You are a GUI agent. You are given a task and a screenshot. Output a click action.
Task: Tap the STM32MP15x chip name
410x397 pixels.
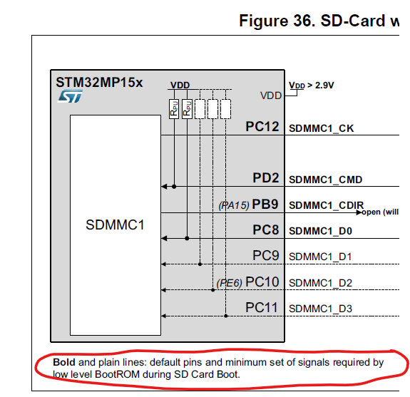coord(99,82)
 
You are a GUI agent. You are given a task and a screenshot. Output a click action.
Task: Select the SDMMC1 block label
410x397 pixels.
coord(115,225)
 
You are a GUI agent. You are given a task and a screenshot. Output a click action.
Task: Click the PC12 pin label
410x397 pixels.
coord(262,128)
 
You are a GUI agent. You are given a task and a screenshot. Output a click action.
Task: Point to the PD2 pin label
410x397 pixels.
coord(265,179)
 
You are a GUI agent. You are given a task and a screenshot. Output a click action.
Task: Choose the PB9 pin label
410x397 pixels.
coord(265,205)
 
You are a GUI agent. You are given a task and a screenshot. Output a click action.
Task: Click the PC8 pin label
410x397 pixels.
coord(265,230)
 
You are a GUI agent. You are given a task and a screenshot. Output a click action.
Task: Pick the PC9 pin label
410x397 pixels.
coord(265,256)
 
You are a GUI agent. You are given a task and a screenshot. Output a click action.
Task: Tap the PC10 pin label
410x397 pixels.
coord(262,282)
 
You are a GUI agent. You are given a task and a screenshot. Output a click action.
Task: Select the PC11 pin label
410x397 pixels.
coord(262,308)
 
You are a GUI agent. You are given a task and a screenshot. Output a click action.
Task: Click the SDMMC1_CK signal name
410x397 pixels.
coord(321,129)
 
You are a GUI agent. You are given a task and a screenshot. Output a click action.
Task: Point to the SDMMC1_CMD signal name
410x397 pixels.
coord(324,180)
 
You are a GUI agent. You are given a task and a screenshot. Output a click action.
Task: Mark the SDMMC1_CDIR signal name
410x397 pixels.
coord(326,205)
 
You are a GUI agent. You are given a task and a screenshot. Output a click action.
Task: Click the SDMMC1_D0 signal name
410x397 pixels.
coord(321,231)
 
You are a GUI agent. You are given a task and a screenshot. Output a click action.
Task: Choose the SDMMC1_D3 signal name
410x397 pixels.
coord(321,309)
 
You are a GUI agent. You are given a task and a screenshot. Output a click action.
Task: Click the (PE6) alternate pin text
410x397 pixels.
coord(229,283)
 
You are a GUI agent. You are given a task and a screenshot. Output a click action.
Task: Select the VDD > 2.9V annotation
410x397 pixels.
coord(312,85)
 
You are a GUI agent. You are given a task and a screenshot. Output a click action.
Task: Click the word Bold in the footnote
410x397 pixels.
coord(64,363)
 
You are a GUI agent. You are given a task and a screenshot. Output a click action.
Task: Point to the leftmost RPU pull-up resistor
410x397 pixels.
coord(173,109)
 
